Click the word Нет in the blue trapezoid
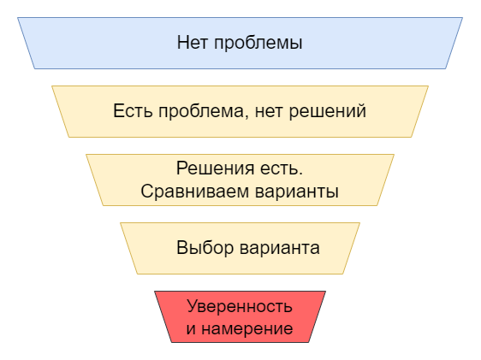193,42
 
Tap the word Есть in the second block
133,110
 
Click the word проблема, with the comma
204,112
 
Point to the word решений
328,112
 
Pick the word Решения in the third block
216,168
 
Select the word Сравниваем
194,192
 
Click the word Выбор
205,248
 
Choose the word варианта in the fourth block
280,249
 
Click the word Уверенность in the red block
240,307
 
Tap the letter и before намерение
191,329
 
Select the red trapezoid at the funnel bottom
240,316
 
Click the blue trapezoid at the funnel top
240,44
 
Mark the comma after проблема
247,118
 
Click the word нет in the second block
269,112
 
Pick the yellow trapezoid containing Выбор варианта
240,248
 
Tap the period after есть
300,174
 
